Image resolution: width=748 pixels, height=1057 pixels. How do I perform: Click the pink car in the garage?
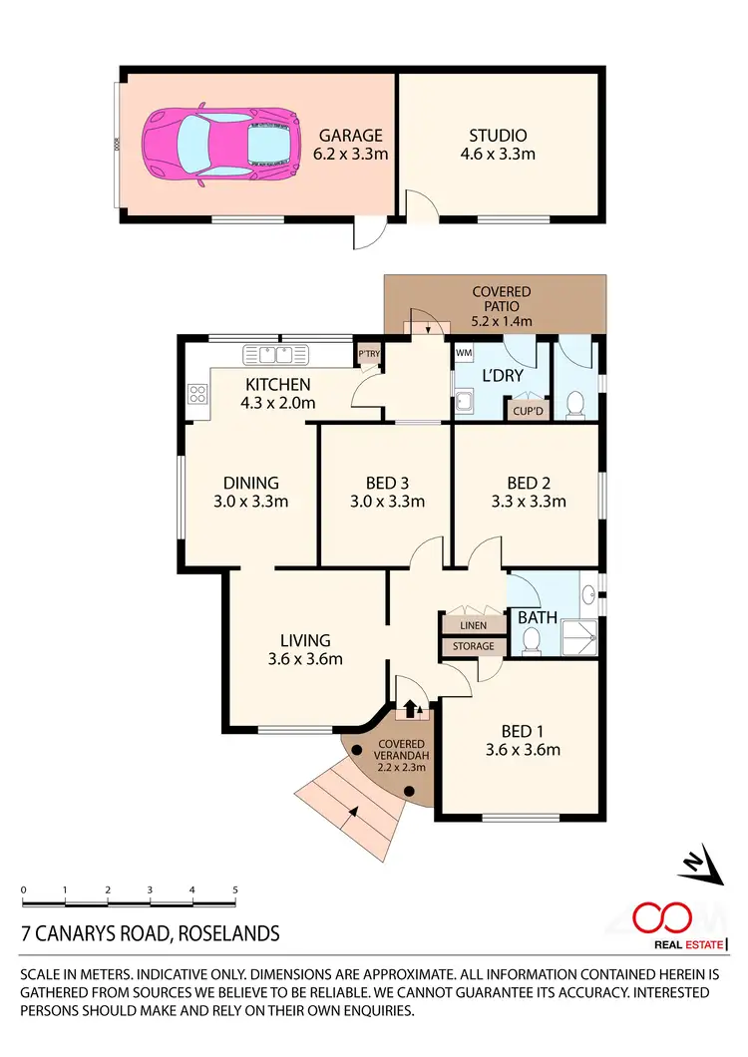[222, 145]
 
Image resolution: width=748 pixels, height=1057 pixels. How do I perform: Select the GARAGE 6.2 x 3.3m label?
[352, 145]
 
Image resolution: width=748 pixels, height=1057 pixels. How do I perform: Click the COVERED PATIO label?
[502, 306]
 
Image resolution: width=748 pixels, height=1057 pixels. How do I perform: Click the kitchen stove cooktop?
[196, 394]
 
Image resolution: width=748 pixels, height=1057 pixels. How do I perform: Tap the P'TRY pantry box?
[369, 353]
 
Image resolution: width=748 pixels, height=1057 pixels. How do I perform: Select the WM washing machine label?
[464, 353]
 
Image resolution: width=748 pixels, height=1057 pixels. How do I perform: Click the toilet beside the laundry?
[574, 404]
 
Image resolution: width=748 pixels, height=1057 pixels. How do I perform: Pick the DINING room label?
[251, 493]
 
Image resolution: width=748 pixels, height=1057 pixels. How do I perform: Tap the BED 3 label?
[387, 493]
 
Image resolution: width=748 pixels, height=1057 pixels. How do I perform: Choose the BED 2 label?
[529, 493]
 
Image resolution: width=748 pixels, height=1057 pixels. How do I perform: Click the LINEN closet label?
[473, 625]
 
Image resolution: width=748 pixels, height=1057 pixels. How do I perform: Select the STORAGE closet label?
[473, 646]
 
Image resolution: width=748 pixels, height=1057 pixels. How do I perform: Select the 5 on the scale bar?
[234, 887]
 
